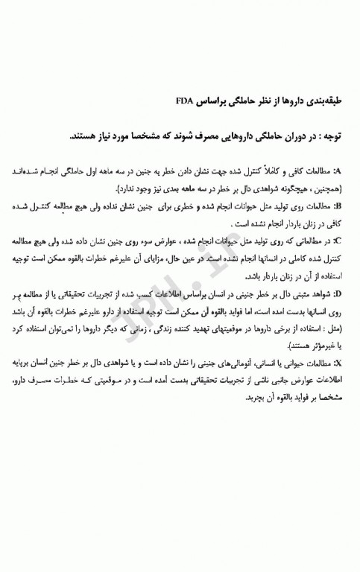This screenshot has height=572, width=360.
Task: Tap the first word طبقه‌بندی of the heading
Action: point(325,98)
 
